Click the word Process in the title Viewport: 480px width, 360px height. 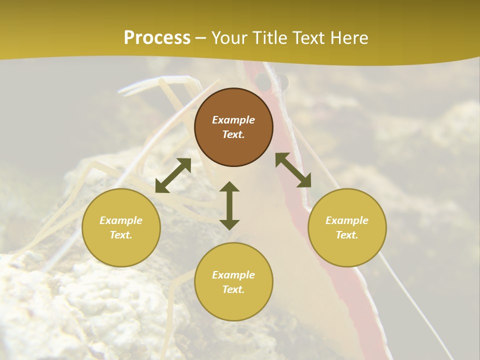[x=157, y=38]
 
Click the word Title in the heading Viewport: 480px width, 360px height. [x=270, y=38]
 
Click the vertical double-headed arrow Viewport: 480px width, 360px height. [x=229, y=205]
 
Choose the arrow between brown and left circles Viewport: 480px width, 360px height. [x=173, y=175]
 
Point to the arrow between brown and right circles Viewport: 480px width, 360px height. [x=293, y=170]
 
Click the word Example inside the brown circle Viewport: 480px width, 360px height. [x=233, y=120]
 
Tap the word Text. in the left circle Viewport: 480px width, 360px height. [x=121, y=235]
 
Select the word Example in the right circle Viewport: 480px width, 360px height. [x=347, y=220]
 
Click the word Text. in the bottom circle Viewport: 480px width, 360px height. [x=233, y=289]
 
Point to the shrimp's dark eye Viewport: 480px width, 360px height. [x=262, y=80]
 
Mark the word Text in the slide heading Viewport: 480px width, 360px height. [x=306, y=38]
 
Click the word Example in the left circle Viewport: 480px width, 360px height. [x=121, y=220]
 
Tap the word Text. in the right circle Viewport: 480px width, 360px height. [x=347, y=235]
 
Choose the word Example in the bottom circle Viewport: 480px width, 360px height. [x=233, y=275]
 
